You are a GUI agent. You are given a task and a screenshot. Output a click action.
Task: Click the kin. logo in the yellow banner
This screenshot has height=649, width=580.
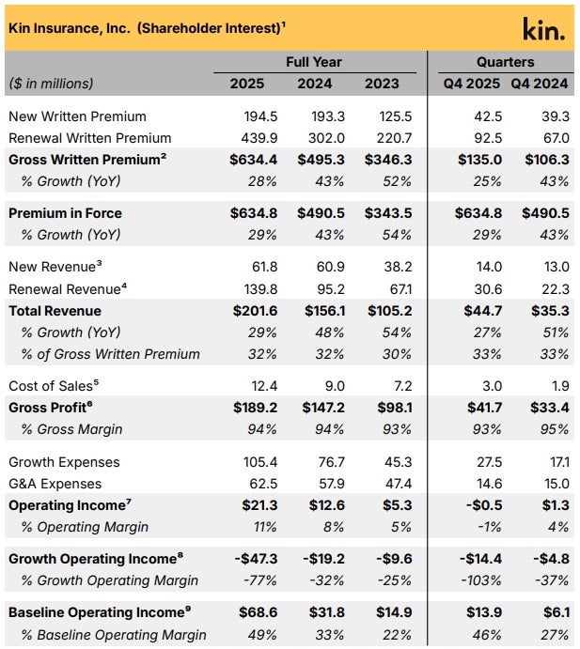tap(543, 29)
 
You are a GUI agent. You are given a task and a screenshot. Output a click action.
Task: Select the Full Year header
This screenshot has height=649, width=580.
tap(314, 62)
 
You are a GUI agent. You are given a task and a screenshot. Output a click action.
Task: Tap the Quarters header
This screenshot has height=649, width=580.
tap(506, 62)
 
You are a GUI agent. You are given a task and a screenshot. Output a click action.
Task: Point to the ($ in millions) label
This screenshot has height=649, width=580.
tap(51, 84)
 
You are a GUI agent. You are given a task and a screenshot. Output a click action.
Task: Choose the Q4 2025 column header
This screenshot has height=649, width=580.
tap(473, 84)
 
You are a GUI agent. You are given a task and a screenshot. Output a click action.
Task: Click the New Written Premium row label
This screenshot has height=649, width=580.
tap(77, 116)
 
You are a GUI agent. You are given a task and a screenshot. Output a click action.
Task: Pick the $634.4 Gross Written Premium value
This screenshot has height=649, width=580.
tap(247, 160)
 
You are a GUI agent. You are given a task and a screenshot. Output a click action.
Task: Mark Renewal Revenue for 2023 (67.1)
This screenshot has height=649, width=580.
tap(394, 289)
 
